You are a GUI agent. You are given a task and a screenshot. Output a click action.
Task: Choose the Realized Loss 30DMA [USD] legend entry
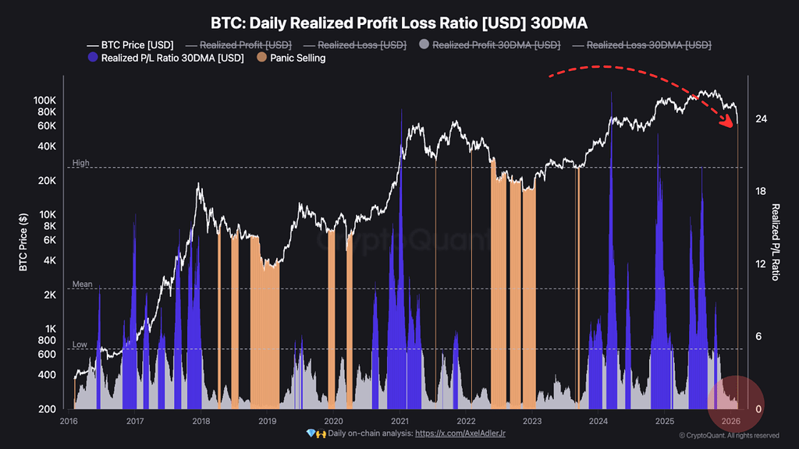pyautogui.click(x=648, y=44)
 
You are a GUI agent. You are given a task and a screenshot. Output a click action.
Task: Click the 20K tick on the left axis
pyautogui.click(x=45, y=181)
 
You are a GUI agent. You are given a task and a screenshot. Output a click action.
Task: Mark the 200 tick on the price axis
pyautogui.click(x=47, y=409)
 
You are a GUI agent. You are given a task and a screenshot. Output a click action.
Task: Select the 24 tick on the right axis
pyautogui.click(x=761, y=119)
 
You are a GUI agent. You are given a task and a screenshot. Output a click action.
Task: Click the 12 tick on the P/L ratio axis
pyautogui.click(x=761, y=264)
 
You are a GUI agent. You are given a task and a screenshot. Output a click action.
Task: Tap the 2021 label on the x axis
pyautogui.click(x=399, y=421)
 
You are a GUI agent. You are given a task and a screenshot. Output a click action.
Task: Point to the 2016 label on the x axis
pyautogui.click(x=69, y=421)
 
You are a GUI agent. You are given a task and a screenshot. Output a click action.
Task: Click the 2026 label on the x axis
pyautogui.click(x=730, y=421)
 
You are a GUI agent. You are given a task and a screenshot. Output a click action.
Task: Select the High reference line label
pyautogui.click(x=81, y=163)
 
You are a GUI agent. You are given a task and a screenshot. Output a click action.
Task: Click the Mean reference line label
pyautogui.click(x=83, y=285)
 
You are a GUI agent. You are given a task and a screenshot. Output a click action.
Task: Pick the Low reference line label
pyautogui.click(x=80, y=344)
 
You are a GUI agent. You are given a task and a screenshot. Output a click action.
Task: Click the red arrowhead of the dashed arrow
pyautogui.click(x=731, y=126)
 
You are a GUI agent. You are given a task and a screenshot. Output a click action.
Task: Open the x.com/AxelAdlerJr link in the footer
pyautogui.click(x=461, y=433)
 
